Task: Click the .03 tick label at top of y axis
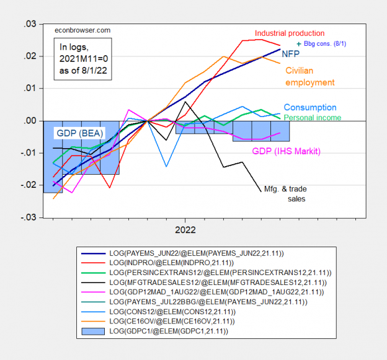coord(29,24)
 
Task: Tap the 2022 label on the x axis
coord(185,229)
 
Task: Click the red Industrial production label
coord(289,33)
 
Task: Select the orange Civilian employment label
coord(309,76)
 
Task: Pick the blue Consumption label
coord(310,107)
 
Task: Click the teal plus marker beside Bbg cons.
coord(300,44)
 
